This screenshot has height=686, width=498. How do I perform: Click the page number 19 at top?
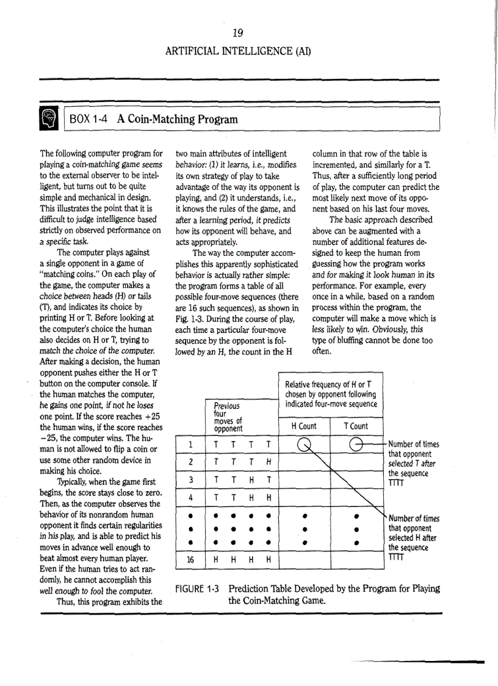[x=238, y=32]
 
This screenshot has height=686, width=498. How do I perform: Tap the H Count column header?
[x=303, y=426]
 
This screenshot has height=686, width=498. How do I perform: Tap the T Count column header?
[x=356, y=426]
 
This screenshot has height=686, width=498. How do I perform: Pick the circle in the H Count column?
[x=303, y=444]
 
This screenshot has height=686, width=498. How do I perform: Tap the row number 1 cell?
[x=191, y=444]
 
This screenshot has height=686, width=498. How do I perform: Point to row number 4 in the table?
[x=191, y=497]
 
